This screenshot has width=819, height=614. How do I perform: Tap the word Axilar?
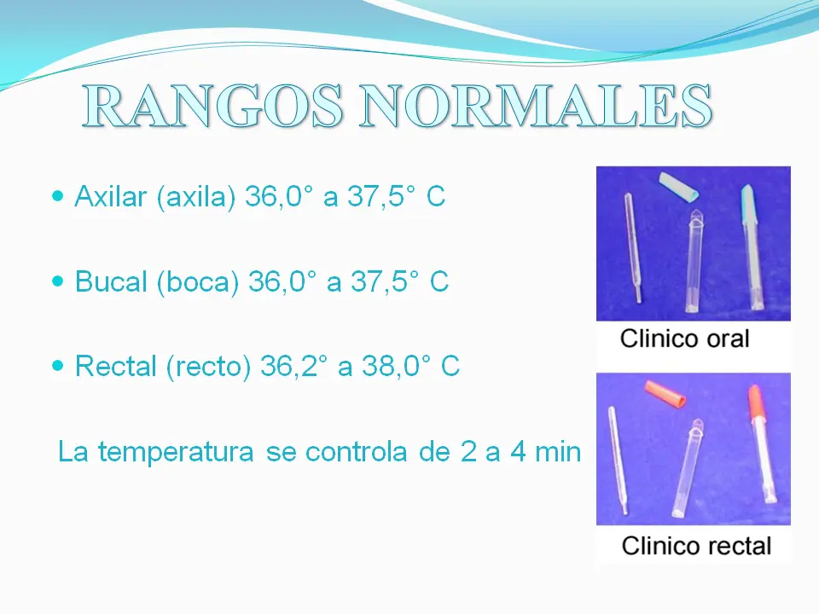pos(112,198)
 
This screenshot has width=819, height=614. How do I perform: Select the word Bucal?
pos(112,282)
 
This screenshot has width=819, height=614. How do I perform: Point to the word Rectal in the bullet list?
pos(116,367)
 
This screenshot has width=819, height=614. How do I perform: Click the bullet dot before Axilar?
pos(58,197)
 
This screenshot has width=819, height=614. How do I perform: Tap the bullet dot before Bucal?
pos(58,281)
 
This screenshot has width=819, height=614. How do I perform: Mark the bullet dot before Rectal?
pos(58,365)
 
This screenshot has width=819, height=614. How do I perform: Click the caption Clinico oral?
pos(684,339)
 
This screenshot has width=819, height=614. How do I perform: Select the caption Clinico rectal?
pos(696,546)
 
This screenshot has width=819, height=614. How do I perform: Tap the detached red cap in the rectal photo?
pos(665,394)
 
